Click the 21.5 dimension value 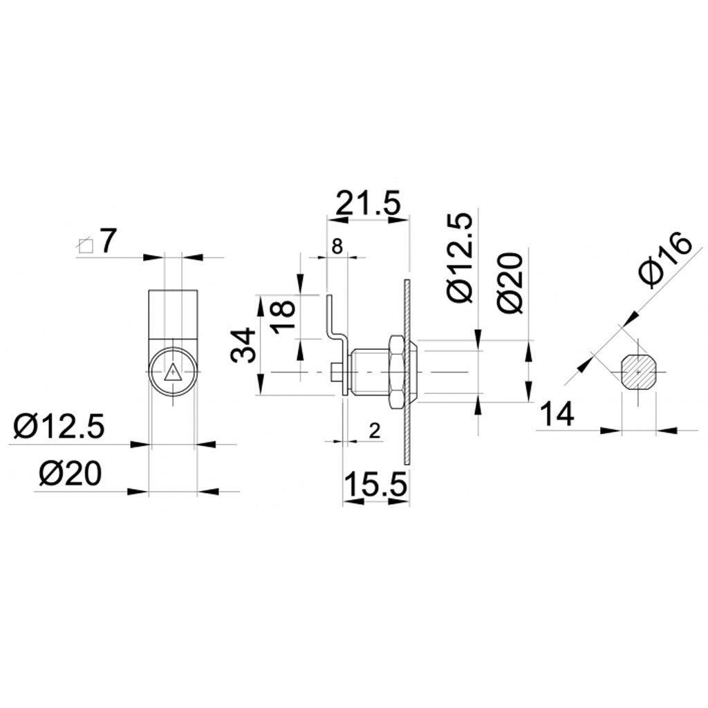click(368, 205)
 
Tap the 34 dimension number click(244, 345)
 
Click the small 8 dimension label click(337, 247)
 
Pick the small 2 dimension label click(374, 431)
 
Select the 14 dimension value click(557, 415)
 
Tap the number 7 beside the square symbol click(108, 241)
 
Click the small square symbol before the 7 click(85, 245)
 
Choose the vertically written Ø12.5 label click(460, 258)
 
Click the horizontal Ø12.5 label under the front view click(59, 427)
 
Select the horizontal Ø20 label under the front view click(71, 474)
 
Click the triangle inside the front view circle click(172, 372)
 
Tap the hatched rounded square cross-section click(638, 373)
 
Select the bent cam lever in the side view click(336, 332)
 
